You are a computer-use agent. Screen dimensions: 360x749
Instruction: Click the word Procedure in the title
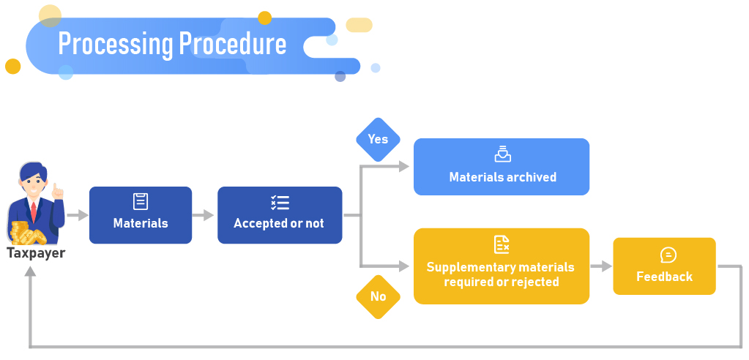pos(233,44)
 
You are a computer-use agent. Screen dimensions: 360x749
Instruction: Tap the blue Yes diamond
pos(378,139)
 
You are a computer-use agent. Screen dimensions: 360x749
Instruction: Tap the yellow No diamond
pos(378,296)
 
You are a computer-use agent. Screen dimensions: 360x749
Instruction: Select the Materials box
pos(141,215)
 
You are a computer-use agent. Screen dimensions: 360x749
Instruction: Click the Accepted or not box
pos(279,215)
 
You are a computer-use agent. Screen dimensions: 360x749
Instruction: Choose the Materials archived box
pos(502,167)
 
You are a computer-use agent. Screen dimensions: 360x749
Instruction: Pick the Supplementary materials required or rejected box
pos(502,266)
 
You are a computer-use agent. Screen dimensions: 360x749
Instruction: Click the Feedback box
pos(664,266)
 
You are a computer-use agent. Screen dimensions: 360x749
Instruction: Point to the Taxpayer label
pos(36,254)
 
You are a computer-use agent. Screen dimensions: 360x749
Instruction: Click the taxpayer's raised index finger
pos(57,190)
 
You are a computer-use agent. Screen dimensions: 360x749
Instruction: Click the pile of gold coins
pos(29,234)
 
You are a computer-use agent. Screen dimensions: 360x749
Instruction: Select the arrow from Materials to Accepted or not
pos(204,215)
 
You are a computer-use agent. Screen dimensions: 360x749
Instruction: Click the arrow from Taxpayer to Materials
pos(78,215)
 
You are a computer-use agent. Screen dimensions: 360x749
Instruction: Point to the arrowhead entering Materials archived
pos(403,167)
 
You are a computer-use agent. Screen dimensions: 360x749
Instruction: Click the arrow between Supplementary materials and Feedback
pos(601,266)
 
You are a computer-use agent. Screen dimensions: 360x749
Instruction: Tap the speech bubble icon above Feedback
pos(668,255)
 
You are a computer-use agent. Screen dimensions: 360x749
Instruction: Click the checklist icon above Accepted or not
pos(280,203)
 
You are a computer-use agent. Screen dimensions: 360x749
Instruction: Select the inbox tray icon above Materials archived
pos(502,154)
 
